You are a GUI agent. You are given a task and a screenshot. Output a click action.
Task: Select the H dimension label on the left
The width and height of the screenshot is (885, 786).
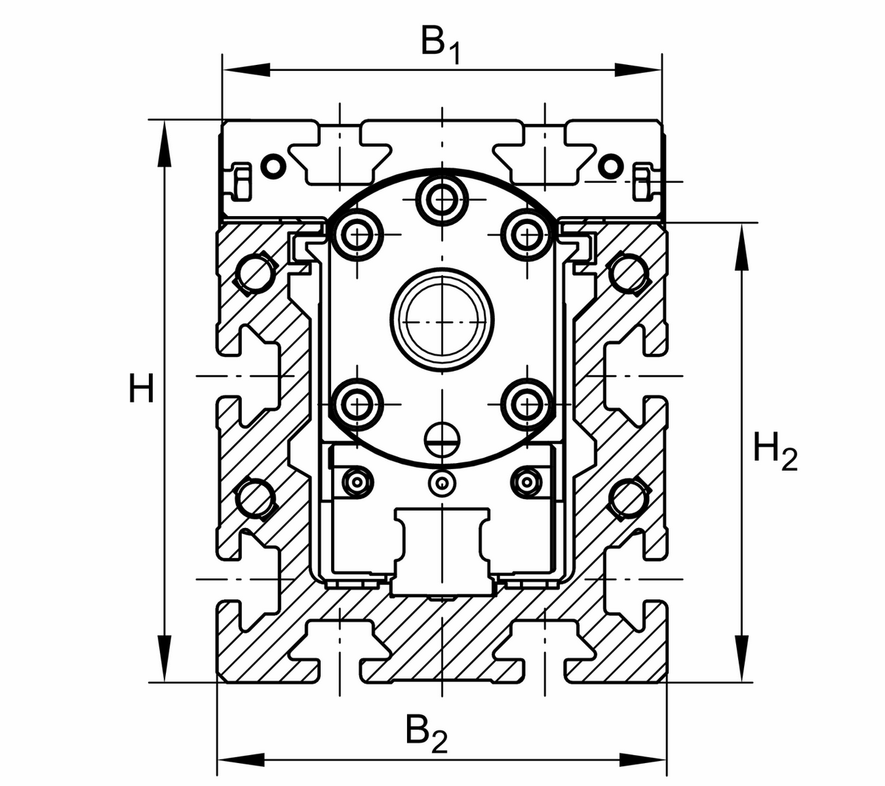(141, 389)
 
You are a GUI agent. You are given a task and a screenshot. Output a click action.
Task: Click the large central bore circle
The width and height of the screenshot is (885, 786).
(442, 321)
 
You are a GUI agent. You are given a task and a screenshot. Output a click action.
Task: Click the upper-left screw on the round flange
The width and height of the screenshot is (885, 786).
(359, 234)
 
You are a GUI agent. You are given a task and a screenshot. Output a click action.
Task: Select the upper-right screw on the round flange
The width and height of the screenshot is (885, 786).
(526, 234)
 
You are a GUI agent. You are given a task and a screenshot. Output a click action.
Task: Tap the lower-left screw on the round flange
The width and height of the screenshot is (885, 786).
(359, 403)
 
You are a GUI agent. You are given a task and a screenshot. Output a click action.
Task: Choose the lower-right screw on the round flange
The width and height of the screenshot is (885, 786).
(526, 403)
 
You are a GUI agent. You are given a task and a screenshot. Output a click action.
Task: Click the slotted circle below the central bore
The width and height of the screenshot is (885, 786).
(442, 439)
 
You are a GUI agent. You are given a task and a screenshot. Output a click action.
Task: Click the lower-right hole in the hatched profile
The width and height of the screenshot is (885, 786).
(629, 499)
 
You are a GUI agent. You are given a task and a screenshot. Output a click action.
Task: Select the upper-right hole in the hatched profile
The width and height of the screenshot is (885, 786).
(629, 274)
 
